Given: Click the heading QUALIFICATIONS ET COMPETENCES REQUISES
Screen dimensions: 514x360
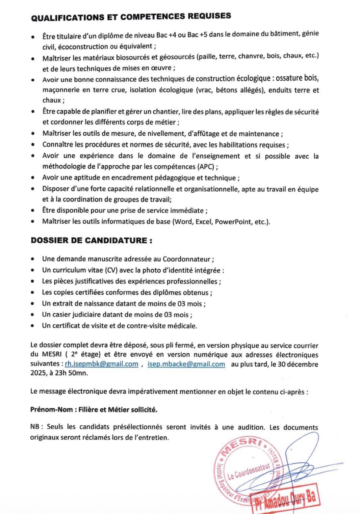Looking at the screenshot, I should click(131, 17).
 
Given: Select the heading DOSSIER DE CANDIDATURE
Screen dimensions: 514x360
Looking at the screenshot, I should click(91, 241).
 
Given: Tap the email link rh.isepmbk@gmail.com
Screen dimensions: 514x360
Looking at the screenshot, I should click(101, 364).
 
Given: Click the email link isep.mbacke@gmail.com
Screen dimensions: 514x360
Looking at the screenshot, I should click(186, 364).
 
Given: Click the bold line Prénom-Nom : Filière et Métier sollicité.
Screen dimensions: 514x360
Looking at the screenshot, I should click(94, 410).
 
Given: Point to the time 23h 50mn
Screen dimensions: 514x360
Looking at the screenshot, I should click(72, 373).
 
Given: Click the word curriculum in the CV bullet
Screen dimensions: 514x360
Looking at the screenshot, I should click(65, 270).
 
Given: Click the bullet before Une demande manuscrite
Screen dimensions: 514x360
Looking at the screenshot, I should click(32, 259).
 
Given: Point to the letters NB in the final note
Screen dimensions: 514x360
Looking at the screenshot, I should click(35, 427).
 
